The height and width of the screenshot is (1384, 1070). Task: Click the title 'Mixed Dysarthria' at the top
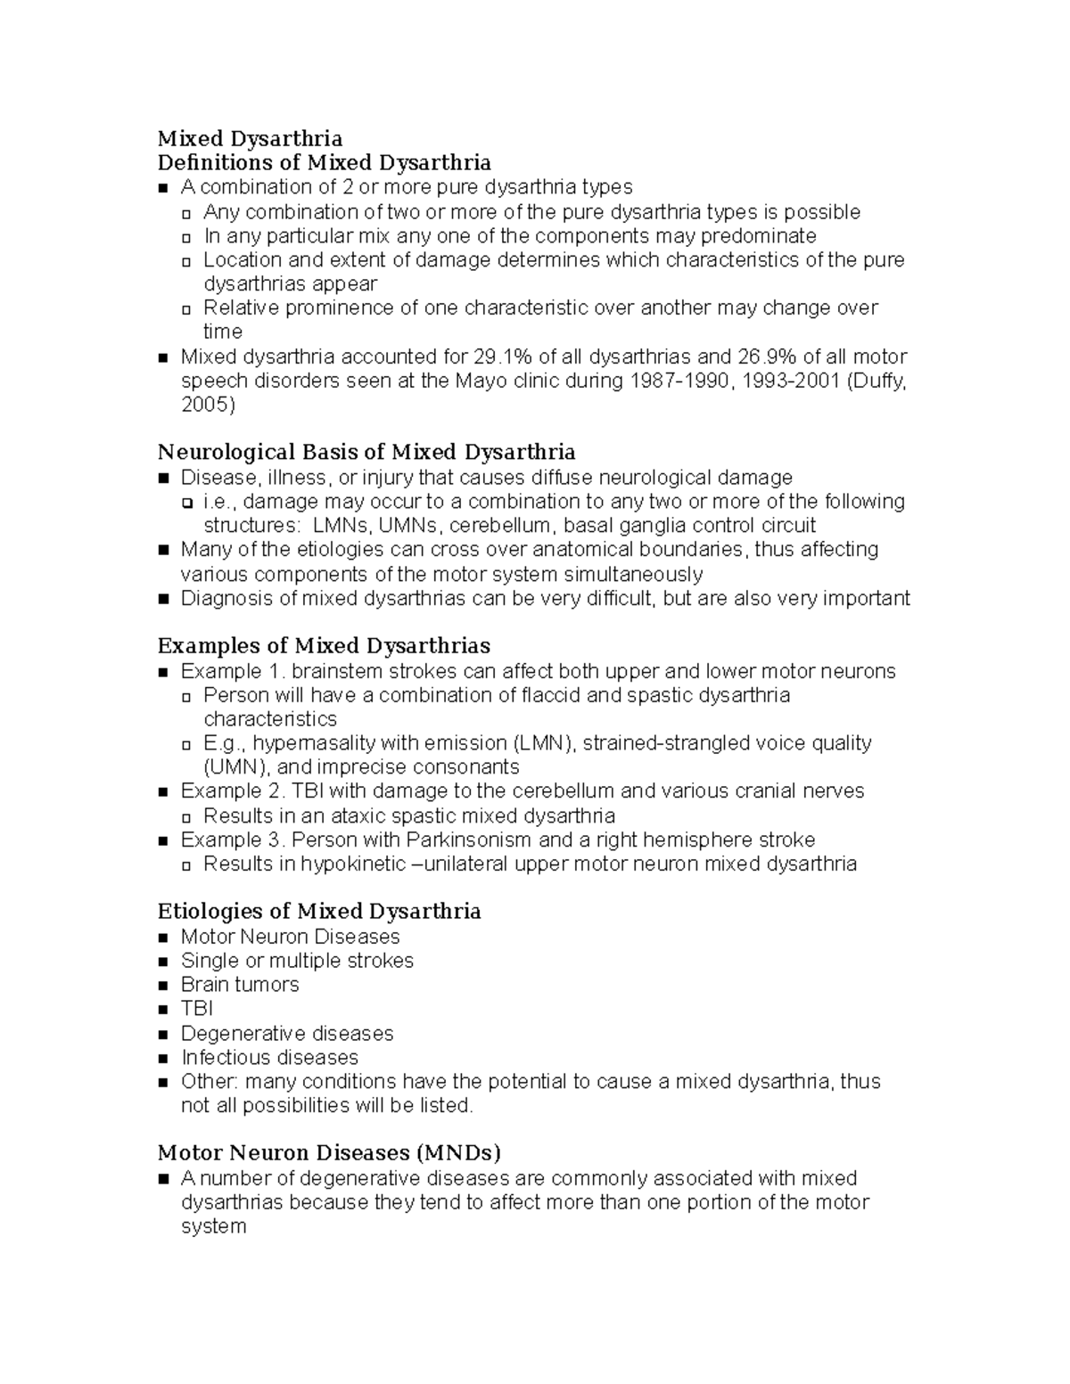tap(250, 138)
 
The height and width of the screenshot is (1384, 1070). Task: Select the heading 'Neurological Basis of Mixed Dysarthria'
tap(366, 452)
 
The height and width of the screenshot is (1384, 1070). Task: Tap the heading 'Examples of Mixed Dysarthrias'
tap(324, 645)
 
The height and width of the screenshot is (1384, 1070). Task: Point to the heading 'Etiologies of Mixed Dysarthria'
tap(319, 911)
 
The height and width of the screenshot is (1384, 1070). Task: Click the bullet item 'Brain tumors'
tap(240, 985)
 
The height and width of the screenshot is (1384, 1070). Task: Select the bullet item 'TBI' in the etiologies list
tap(196, 1009)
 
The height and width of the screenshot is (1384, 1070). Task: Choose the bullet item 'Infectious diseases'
tap(269, 1058)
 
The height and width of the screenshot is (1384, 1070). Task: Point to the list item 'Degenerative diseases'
tap(286, 1034)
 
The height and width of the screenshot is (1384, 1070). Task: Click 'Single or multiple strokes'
tap(297, 961)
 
